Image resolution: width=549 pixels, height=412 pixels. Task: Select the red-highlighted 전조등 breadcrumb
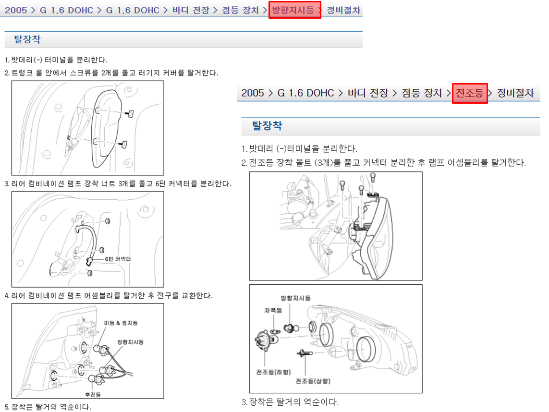(x=470, y=93)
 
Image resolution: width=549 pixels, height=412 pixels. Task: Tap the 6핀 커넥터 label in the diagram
(x=118, y=259)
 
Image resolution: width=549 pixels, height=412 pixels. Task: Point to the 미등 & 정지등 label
(x=121, y=323)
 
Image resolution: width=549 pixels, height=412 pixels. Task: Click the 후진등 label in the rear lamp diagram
(x=93, y=395)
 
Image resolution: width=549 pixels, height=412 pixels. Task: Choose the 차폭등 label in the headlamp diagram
(x=273, y=310)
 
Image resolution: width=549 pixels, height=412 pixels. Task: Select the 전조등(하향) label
(x=273, y=372)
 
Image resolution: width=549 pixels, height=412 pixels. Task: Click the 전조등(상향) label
(x=313, y=381)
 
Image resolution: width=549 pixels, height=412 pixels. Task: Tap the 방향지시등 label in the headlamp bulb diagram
(x=295, y=298)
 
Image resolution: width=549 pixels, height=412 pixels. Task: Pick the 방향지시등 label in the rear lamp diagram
(x=130, y=342)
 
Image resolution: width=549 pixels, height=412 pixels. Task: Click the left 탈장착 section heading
(x=27, y=39)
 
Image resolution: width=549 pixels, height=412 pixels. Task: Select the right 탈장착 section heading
(x=267, y=125)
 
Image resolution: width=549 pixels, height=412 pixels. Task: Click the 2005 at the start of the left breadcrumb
(x=16, y=10)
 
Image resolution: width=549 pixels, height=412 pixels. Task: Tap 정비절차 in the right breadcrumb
(x=515, y=93)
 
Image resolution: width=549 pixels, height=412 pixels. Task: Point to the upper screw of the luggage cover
(x=130, y=113)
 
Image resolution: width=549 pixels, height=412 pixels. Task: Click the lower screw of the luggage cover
(x=123, y=144)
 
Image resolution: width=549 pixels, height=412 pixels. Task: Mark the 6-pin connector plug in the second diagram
(x=89, y=261)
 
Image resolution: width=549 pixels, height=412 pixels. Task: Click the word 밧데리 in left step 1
(x=20, y=60)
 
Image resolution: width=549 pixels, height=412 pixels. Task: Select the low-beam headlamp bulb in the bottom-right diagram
(x=266, y=340)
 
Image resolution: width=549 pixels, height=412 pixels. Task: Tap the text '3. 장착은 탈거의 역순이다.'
(x=290, y=402)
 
